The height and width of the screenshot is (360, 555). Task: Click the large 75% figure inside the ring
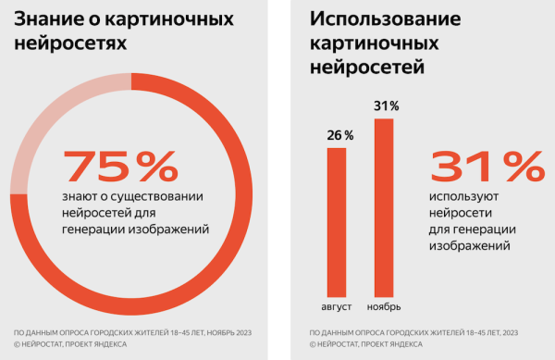tap(119, 166)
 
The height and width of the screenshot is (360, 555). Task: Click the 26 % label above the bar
tap(339, 135)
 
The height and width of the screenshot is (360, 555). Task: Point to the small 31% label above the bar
tap(387, 106)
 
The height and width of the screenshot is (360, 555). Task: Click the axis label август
tap(337, 306)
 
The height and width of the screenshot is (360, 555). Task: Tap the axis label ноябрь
tap(384, 306)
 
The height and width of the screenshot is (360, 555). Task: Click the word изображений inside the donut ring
tap(174, 228)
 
